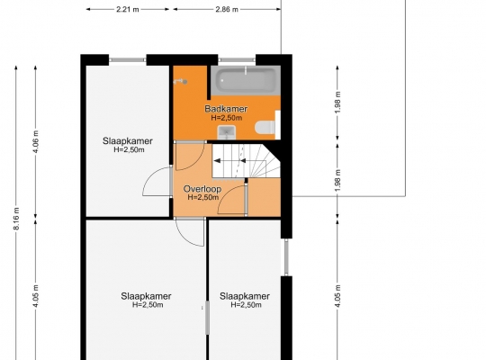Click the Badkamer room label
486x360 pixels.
point(226,109)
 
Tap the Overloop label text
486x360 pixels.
point(202,189)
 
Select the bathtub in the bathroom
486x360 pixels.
point(246,81)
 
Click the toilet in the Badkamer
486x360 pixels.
point(265,128)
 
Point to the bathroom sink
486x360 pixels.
point(227,132)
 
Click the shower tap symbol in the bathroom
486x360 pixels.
point(180,82)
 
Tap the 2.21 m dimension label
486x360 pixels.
point(128,9)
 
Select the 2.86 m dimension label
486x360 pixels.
point(227,9)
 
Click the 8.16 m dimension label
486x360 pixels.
point(16,219)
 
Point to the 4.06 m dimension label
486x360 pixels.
point(36,142)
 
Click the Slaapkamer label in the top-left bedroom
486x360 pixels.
point(128,141)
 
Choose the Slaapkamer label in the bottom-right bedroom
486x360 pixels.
point(245,296)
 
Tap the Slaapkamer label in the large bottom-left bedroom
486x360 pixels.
point(146,296)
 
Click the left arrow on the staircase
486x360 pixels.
point(217,160)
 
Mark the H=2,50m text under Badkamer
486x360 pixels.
point(226,118)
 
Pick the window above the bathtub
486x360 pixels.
point(237,59)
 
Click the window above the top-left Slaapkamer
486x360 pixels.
point(128,59)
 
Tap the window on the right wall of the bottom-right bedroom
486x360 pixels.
point(286,257)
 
